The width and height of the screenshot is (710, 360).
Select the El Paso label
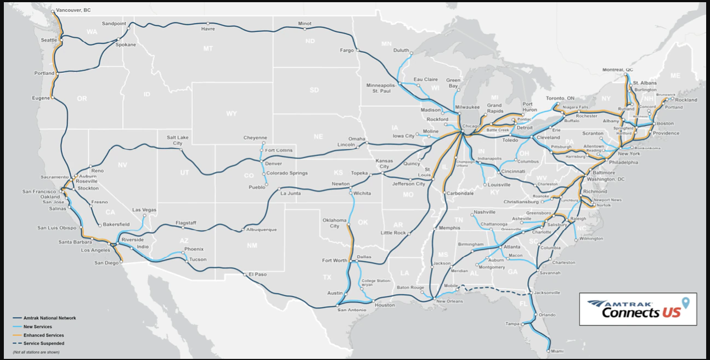pos(257,274)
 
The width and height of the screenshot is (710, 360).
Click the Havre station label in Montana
pos(208,29)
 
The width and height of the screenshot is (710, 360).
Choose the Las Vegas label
pos(144,210)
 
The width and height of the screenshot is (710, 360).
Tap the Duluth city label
pos(401,50)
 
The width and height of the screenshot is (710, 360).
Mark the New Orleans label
pos(449,301)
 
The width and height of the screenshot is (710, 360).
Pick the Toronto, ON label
pos(560,98)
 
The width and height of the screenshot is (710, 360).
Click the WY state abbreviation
pos(232,114)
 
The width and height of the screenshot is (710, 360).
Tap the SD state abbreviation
pos(314,90)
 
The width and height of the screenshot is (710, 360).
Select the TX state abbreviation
pos(327,277)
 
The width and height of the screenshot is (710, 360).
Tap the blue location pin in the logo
pos(685,302)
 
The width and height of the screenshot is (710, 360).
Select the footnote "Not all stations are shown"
pos(36,352)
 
